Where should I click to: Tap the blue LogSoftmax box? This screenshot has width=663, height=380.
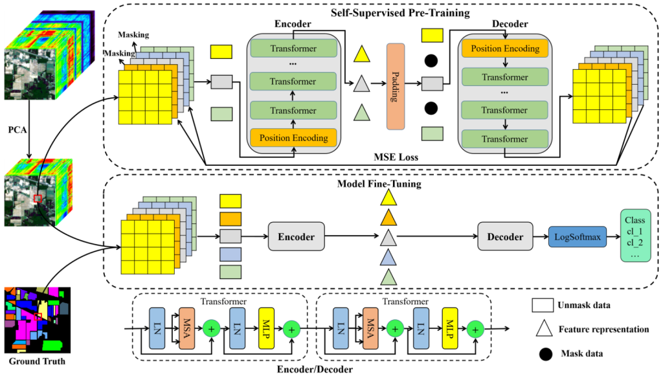tap(577, 237)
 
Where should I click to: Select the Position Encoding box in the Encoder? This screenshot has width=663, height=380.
tap(293, 138)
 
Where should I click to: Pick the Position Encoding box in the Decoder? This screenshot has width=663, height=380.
tap(505, 49)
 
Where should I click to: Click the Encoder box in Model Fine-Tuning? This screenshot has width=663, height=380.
tap(296, 237)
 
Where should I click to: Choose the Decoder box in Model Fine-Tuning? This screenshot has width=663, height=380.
tap(505, 237)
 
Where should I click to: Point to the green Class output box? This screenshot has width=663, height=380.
tap(636, 234)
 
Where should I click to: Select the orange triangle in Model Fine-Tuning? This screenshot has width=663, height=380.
tap(388, 217)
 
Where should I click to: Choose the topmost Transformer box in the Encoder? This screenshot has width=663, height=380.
tap(293, 49)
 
